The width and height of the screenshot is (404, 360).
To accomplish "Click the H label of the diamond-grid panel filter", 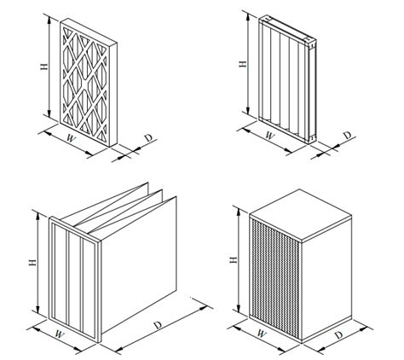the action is point(44,67).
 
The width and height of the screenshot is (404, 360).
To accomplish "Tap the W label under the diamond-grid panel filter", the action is point(72,139).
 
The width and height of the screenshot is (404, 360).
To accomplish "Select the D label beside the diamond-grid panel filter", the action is point(148,138).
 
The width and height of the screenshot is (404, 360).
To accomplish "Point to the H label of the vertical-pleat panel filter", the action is point(243,64).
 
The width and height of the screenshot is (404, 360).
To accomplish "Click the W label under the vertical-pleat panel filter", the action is point(270,136).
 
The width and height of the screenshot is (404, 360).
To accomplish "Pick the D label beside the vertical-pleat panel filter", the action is point(348,136).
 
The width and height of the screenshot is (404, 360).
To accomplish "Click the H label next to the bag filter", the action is point(32,262).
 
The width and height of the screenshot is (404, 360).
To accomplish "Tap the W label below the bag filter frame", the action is point(60,334).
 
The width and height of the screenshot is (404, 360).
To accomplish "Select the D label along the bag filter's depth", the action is point(158,325).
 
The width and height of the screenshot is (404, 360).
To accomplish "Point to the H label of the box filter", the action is point(234,259).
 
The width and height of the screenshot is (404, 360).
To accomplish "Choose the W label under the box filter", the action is point(261,333).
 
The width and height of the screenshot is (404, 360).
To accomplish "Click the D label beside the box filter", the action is point(338,335).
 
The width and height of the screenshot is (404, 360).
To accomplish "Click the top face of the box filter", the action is point(301,215).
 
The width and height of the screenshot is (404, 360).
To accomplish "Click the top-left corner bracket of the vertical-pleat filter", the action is point(264,20).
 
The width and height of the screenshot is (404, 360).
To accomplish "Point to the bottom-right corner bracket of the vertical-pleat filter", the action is point(311,138).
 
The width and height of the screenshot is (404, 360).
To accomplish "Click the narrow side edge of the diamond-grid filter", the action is point(113,95).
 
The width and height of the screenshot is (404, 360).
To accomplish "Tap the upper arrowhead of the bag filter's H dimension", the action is point(38,215).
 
